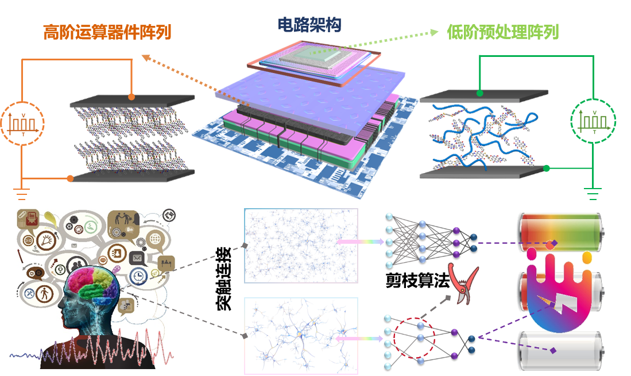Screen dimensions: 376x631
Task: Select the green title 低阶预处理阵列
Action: [x=502, y=32]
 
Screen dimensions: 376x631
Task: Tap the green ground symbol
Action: [x=593, y=193]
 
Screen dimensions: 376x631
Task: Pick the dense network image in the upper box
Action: [x=301, y=245]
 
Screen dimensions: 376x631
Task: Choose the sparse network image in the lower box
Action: [x=301, y=336]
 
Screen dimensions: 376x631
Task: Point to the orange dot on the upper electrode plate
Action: [x=131, y=97]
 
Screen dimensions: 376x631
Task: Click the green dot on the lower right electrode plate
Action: [x=546, y=168]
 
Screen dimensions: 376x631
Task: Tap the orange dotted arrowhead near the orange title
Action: [x=145, y=57]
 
